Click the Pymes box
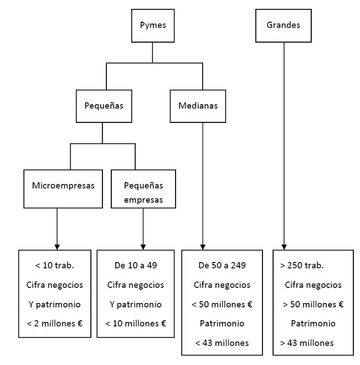coord(153,25)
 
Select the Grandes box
coord(283,25)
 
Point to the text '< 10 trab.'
coord(54,265)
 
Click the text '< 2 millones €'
coord(54,323)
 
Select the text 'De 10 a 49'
coord(136,265)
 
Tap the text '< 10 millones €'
coord(136,323)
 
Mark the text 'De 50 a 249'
coord(222,265)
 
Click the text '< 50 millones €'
coord(222,304)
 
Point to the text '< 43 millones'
coord(222,343)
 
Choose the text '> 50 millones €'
coord(313,304)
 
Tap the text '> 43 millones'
coord(307,343)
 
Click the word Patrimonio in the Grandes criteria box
coord(313,323)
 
